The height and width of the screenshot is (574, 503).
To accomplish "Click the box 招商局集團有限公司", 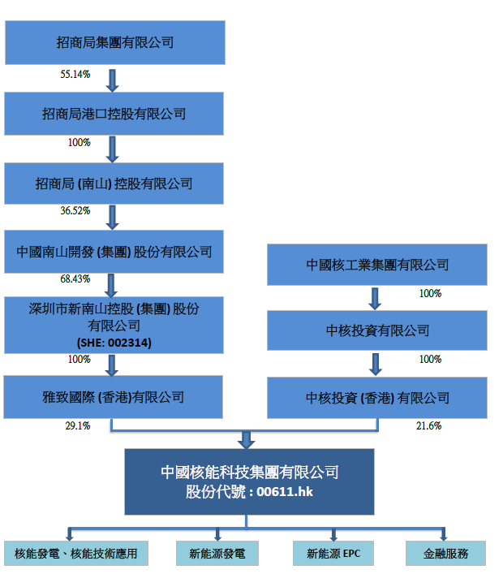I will coord(114,42).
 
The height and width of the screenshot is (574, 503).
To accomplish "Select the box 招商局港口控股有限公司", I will coord(114,113).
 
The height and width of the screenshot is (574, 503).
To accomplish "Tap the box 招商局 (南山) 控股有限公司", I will coord(114,183).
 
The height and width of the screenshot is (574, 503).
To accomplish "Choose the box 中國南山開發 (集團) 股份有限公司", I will coord(114,252).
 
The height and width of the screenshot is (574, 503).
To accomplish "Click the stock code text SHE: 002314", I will coord(114,343).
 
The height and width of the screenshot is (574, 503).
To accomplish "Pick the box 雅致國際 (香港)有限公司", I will coord(114,397).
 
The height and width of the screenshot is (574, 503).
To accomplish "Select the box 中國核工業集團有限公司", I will coord(377,265).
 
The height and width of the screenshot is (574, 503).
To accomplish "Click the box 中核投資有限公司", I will coord(377,330).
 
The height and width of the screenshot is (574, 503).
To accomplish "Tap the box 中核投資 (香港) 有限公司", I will coord(377,397).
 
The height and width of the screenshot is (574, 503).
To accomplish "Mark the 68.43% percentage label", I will coord(75,279).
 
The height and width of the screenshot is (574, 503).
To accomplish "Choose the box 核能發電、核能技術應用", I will coord(70,554).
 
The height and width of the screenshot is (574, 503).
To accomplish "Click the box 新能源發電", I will coord(217,554).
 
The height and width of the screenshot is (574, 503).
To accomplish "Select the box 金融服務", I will coord(445,554).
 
